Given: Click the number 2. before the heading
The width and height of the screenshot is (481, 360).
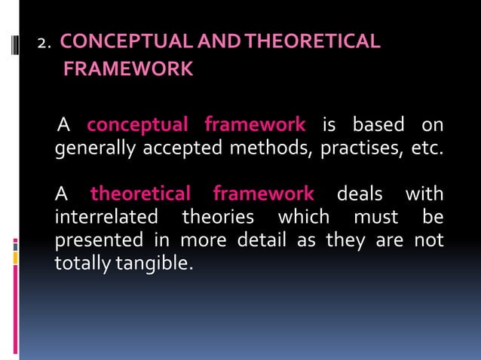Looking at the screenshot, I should tap(44, 43).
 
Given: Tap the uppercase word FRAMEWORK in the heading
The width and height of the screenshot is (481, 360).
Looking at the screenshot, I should tap(128, 70).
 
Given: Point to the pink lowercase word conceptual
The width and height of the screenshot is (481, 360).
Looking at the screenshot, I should tap(140, 123).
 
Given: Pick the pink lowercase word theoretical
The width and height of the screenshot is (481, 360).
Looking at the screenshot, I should tap(140, 194).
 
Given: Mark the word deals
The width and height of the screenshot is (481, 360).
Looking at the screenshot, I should tap(359, 194).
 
